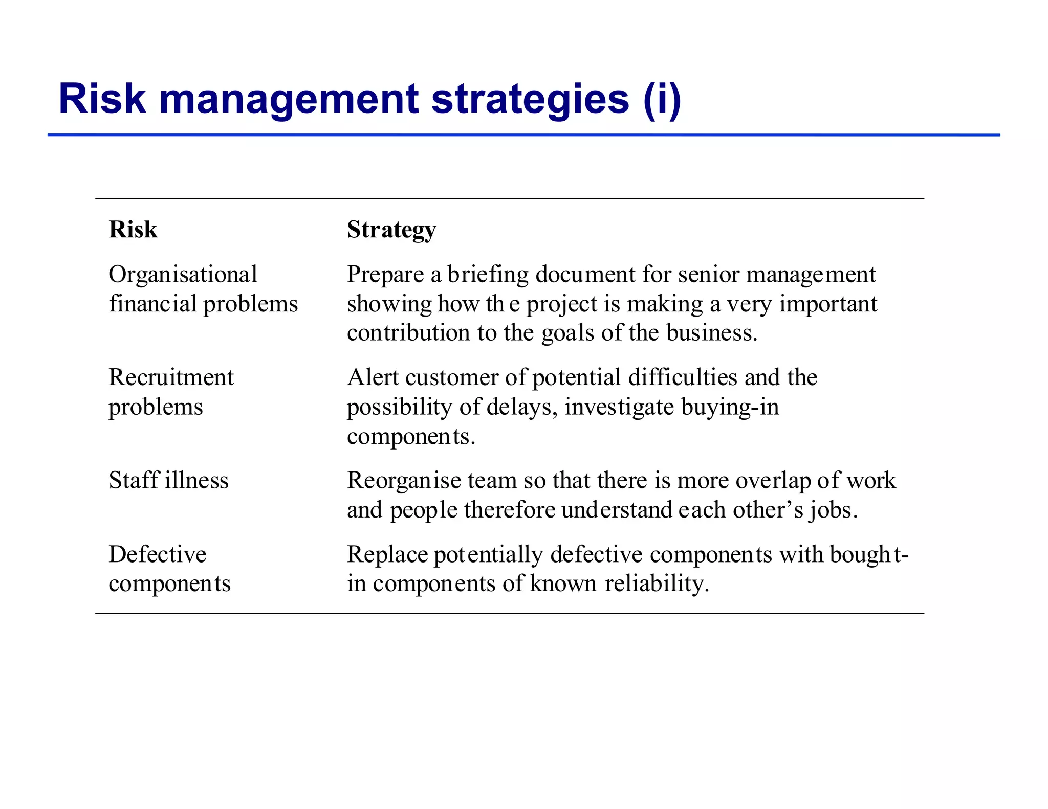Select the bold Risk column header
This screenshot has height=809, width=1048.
tap(133, 230)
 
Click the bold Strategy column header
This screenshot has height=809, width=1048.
tap(391, 230)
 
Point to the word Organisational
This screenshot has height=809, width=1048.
tap(183, 275)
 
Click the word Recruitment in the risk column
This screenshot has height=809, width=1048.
tap(171, 377)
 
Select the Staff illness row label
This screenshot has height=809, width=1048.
tap(168, 481)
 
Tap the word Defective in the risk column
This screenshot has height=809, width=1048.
tap(158, 554)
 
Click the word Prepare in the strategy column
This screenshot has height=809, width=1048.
tap(385, 275)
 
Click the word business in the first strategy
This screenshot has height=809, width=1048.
tap(711, 333)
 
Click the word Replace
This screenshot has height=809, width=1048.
tap(387, 554)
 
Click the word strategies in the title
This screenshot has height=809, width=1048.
tap(530, 100)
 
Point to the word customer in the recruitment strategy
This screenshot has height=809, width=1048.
tap(458, 377)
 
